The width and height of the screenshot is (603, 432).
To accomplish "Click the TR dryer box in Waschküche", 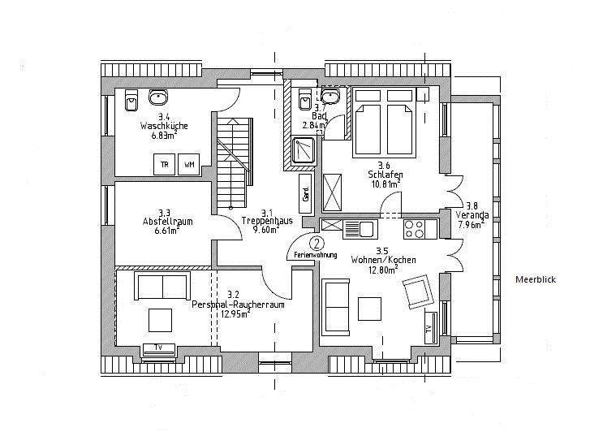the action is [x=165, y=165].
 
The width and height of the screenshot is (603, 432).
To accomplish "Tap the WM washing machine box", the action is [x=189, y=165].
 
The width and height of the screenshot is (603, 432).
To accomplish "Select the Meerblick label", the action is [x=536, y=279].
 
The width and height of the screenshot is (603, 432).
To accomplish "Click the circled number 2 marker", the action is [x=317, y=243].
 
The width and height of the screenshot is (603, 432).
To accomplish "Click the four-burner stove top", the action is [x=416, y=229].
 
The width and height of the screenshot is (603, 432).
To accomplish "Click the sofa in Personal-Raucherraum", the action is [x=162, y=287].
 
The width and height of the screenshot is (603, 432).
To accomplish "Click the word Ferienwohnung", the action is [x=310, y=255].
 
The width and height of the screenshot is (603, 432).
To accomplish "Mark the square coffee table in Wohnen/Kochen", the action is [x=369, y=309].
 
